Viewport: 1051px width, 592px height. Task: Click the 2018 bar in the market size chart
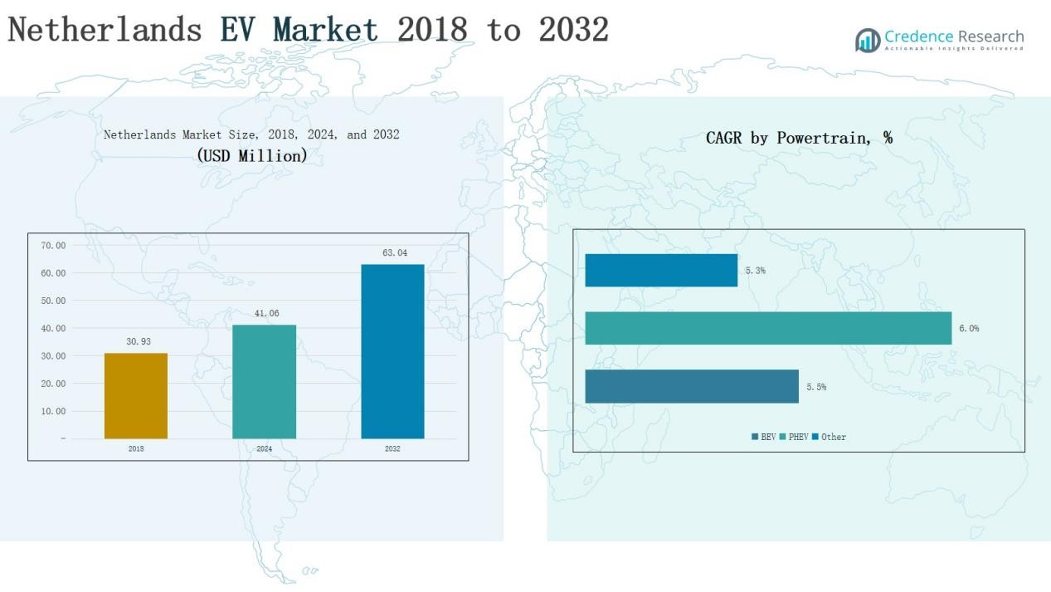136,396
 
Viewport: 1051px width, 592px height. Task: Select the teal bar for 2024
264,382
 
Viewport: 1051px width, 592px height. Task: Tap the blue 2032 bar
392,351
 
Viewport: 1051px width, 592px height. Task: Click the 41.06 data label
264,313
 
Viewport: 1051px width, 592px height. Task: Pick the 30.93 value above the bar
138,341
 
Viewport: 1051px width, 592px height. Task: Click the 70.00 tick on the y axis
52,246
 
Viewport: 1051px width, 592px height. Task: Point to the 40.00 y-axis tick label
52,329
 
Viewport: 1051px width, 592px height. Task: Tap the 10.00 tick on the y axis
52,412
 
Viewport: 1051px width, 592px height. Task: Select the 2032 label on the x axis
392,449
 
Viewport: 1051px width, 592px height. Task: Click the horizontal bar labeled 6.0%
768,328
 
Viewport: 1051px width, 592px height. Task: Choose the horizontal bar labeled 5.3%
661,271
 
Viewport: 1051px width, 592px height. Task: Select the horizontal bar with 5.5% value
692,387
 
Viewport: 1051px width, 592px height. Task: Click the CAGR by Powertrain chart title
799,139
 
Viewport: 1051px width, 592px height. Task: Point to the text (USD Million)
252,155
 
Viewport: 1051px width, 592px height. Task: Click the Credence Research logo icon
868,40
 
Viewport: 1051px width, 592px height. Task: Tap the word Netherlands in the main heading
105,30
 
